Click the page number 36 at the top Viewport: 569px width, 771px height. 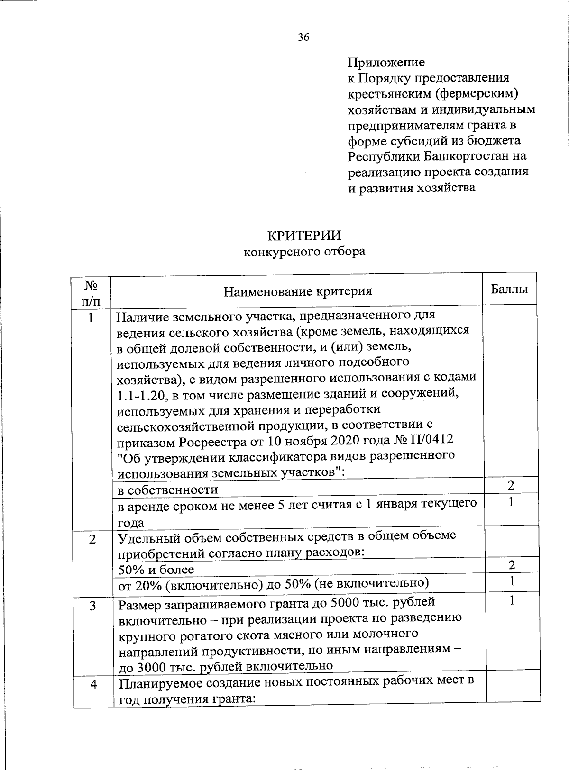(303, 37)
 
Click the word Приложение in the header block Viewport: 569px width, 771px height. (386, 63)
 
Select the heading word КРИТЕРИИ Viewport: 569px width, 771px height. (304, 236)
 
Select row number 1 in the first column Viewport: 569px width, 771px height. (91, 318)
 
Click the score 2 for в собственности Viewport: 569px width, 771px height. (511, 485)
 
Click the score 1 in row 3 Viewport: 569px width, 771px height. (511, 601)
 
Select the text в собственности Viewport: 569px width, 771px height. (167, 490)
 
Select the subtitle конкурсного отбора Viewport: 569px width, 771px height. (304, 251)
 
